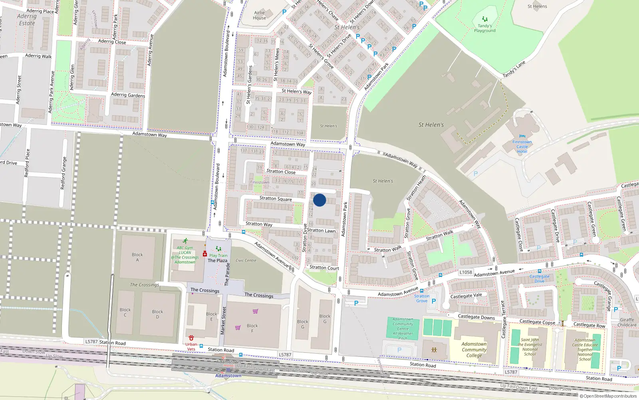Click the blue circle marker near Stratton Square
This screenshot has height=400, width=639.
pos(319,200)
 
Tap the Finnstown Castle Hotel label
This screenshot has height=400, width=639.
pos(522,147)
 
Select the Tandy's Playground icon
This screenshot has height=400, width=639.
pos(484,19)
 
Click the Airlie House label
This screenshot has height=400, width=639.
pos(259,15)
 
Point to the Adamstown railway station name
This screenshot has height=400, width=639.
pos(228,376)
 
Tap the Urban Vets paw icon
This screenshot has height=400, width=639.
pos(191,338)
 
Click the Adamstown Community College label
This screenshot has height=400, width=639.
pos(474,350)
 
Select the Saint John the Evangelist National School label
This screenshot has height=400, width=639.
pos(530,347)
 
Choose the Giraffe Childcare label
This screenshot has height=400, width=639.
pos(627,322)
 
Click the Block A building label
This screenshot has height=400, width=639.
pos(137,257)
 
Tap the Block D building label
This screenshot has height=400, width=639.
pos(157,314)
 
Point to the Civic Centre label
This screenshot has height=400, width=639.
pos(246,260)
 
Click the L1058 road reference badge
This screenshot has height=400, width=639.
pos(466,272)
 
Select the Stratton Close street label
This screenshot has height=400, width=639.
pos(281,172)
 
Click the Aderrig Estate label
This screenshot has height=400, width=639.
pos(27,20)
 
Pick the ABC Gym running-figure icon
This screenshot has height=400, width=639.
pos(185,241)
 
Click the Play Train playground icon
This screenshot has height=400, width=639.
pos(218,249)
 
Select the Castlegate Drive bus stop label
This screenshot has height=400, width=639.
pos(539,279)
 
